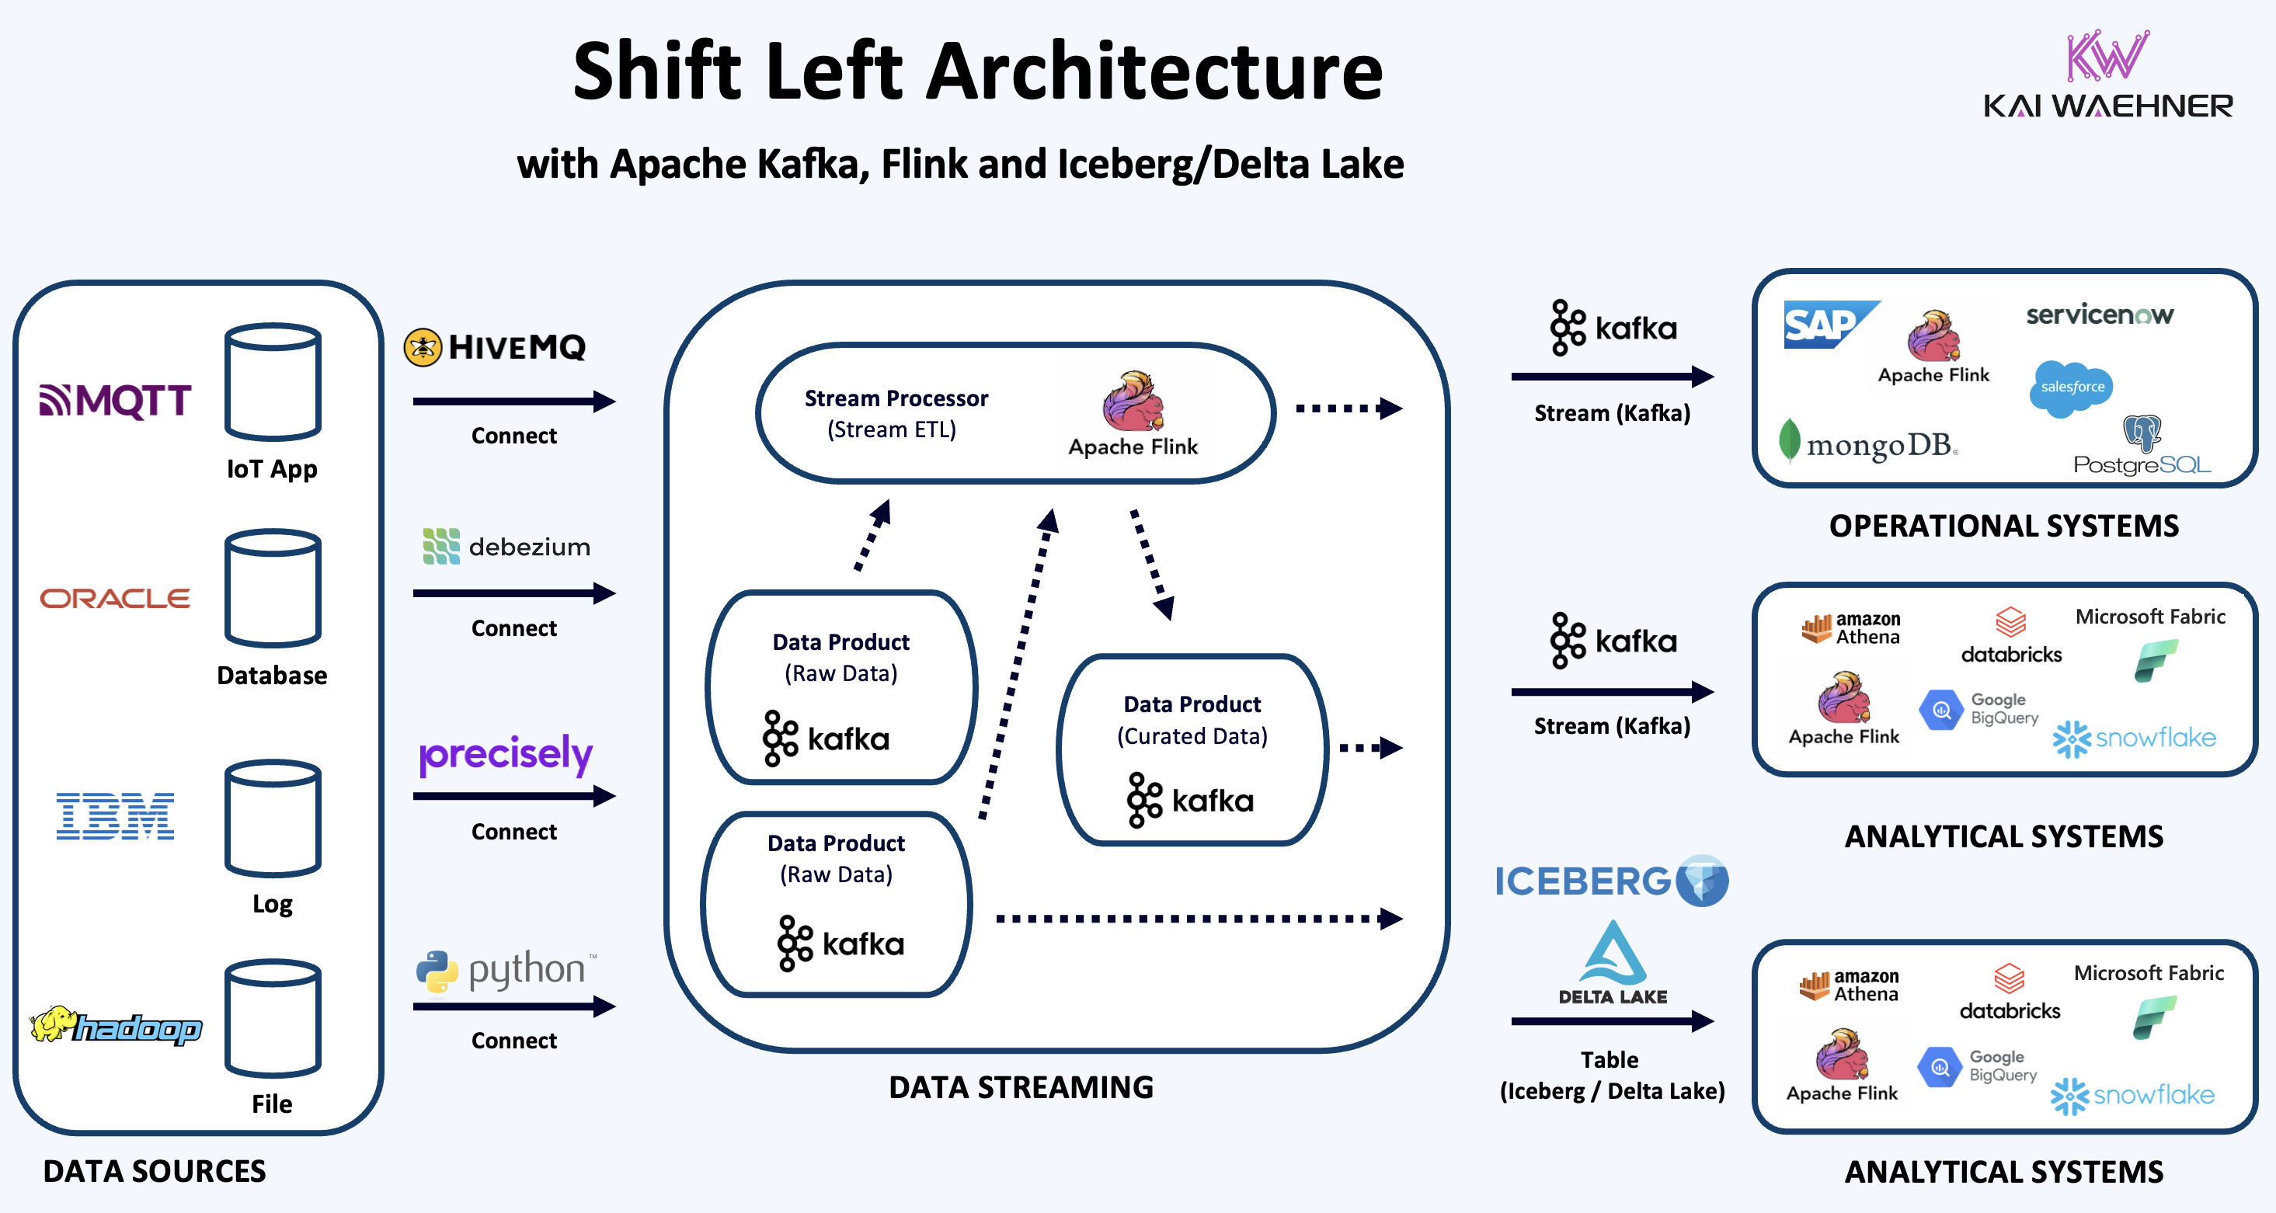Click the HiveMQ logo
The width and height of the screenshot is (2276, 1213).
[x=495, y=346]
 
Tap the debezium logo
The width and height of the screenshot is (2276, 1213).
[x=506, y=547]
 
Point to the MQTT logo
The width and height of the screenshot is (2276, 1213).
[x=115, y=400]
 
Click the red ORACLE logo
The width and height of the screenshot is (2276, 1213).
[x=115, y=598]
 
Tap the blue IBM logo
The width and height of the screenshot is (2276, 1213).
[x=115, y=815]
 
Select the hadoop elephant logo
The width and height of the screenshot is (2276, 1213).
[x=115, y=1027]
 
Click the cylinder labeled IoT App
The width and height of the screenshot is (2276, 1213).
[x=272, y=381]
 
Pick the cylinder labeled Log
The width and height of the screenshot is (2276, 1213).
[x=272, y=818]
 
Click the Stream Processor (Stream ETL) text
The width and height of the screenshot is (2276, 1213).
[x=895, y=412]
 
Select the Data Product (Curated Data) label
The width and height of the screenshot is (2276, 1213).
[x=1192, y=719]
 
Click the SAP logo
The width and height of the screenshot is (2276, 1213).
[x=1826, y=325]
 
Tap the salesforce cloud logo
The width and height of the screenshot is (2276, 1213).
[x=2071, y=388]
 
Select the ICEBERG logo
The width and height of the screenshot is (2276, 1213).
[x=1610, y=881]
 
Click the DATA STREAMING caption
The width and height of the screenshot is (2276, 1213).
[x=1021, y=1086]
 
